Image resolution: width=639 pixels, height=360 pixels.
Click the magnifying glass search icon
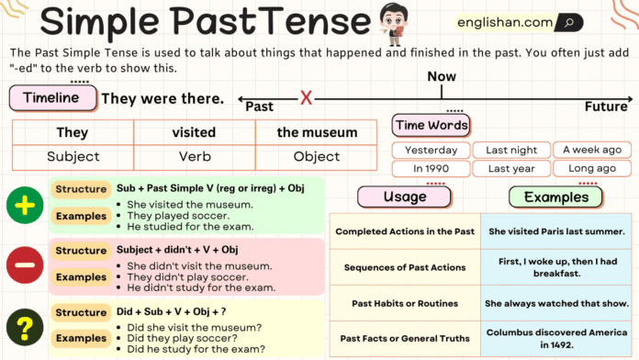pos(568,22)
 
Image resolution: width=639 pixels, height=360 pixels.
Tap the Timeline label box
pos(50,97)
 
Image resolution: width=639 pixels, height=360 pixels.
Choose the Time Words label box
pos(431,125)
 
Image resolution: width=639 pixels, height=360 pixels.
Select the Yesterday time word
pos(431,150)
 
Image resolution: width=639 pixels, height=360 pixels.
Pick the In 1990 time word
pos(431,169)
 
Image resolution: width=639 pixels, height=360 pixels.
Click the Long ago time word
pos(592,169)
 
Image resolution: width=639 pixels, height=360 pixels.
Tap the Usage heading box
pos(405,197)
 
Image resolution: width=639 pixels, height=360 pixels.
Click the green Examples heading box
pos(555,197)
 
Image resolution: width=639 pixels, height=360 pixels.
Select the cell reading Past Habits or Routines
pos(405,302)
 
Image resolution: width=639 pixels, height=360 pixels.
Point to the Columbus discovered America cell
pos(556,336)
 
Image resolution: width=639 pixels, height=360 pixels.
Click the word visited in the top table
pos(194,132)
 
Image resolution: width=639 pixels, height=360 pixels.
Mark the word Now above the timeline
pos(442,77)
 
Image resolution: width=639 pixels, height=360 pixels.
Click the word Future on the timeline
pos(606,107)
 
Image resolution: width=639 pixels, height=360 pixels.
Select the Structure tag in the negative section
pos(81,251)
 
